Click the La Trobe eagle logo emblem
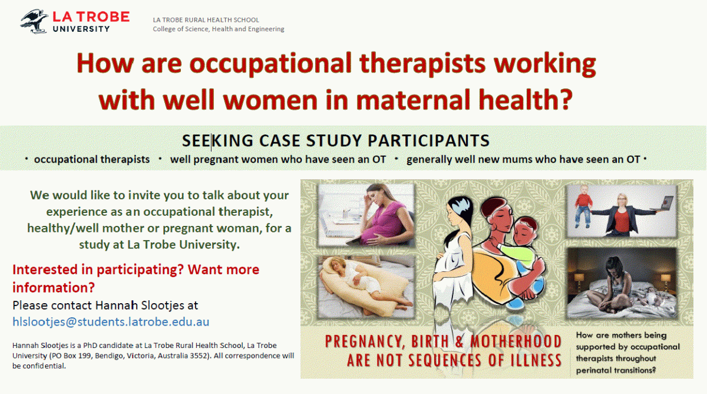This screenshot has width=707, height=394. point(34,21)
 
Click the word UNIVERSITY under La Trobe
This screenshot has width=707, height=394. point(81,29)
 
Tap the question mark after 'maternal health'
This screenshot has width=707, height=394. point(563,99)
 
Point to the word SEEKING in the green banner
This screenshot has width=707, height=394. point(217,140)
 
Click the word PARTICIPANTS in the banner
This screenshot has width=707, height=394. point(429,140)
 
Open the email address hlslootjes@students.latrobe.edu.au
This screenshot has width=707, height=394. point(111,321)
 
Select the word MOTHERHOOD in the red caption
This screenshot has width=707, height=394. point(516,342)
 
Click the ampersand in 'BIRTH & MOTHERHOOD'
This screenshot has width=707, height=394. point(459,342)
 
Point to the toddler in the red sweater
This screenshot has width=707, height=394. point(583,206)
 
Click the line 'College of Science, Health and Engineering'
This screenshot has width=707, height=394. point(219,29)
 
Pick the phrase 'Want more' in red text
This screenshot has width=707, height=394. point(223,270)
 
